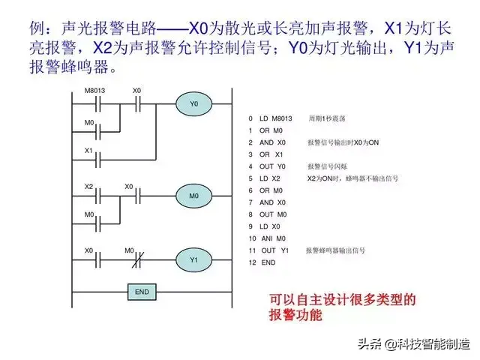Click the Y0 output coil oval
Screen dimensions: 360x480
pos(193,103)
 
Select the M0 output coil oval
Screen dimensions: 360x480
pos(193,196)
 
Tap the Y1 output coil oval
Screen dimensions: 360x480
pos(193,259)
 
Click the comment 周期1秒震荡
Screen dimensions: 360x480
pos(326,118)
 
